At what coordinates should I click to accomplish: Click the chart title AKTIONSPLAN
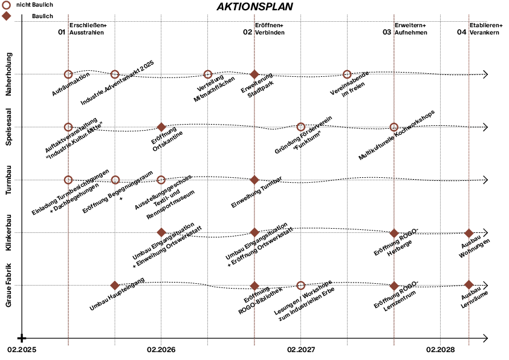(254, 7)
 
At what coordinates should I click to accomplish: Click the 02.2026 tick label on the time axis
(161, 350)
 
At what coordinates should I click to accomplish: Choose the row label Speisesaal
(8, 126)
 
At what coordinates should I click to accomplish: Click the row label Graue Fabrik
(8, 284)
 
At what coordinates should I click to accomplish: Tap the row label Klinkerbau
(8, 233)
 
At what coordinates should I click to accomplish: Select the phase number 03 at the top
(387, 32)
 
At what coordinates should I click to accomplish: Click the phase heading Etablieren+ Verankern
(486, 28)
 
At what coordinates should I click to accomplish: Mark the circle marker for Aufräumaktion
(68, 74)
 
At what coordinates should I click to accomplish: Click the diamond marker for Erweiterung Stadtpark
(254, 74)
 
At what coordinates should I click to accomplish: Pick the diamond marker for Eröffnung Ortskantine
(161, 127)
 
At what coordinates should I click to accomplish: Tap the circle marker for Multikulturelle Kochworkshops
(394, 127)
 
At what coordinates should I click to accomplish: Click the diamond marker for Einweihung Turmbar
(254, 180)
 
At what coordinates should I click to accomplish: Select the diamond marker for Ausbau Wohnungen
(468, 233)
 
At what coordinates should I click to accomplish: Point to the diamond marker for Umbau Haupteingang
(115, 285)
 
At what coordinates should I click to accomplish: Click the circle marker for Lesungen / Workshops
(301, 285)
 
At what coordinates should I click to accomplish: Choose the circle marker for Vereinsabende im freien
(347, 74)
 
